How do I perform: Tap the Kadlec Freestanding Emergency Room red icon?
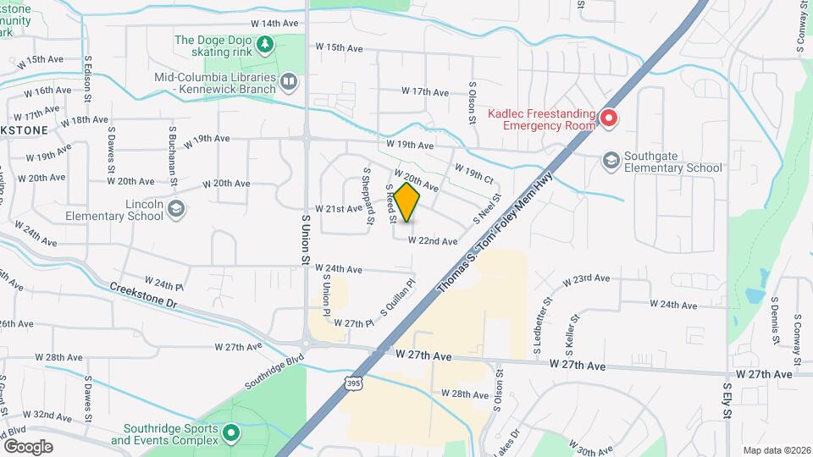point(608,118)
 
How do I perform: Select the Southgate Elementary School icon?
point(611,161)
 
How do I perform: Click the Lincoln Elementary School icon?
point(175,209)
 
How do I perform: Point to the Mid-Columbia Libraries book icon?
point(289,82)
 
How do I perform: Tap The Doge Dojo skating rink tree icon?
point(266,44)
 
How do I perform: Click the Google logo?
point(28,447)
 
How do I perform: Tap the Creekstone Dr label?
point(146,295)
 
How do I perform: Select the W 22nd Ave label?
point(433,241)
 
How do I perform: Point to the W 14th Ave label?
point(274,24)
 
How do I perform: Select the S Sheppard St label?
point(369,195)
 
